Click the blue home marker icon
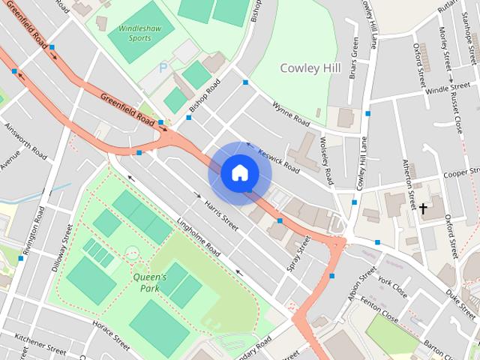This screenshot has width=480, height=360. click(239, 173)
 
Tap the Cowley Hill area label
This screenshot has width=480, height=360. click(310, 67)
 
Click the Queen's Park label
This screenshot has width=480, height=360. click(150, 281)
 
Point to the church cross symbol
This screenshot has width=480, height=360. click(423, 208)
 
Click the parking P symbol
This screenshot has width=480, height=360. click(163, 68)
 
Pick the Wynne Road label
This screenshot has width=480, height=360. click(291, 114)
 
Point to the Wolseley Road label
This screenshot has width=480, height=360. click(325, 160)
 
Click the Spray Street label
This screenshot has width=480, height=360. click(298, 253)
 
